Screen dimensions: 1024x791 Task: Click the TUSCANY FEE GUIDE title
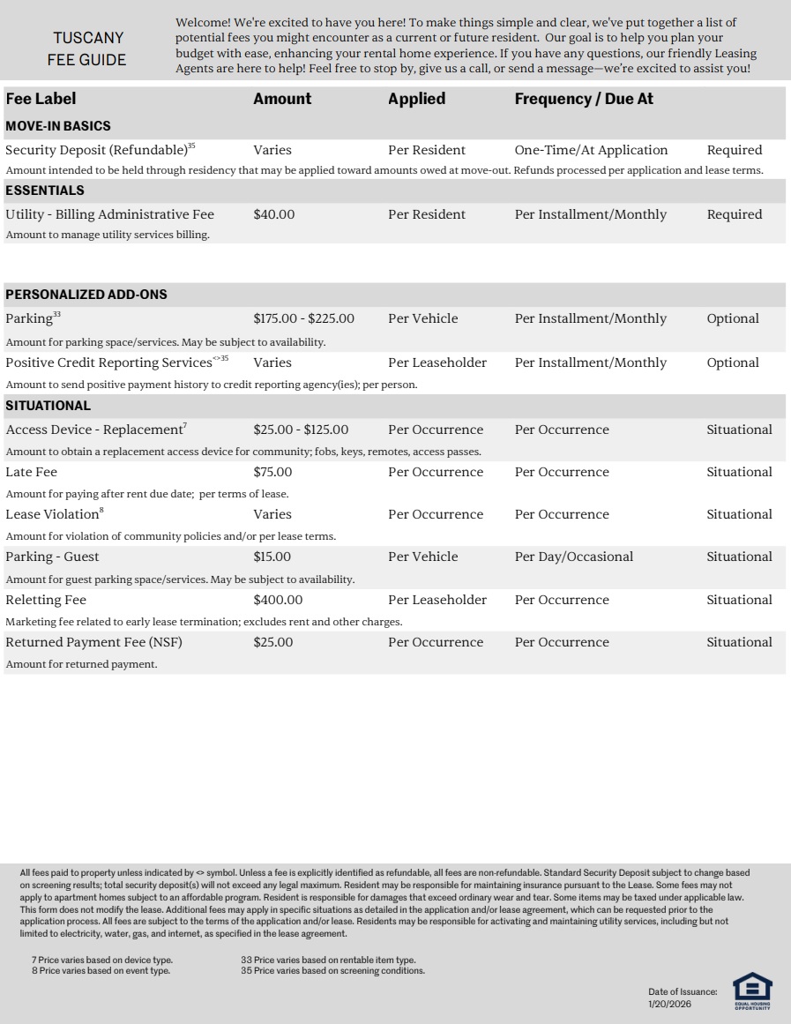click(88, 49)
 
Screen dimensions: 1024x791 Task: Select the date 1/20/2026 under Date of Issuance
click(669, 1004)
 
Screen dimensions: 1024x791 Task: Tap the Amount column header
click(282, 99)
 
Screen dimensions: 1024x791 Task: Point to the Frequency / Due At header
click(584, 99)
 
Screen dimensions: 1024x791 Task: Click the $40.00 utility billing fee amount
click(274, 214)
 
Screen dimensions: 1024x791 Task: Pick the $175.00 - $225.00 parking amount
click(303, 318)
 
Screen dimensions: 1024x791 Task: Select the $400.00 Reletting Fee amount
click(278, 600)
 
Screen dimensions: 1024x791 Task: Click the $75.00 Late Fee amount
click(272, 472)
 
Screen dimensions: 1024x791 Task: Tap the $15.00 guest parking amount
click(272, 557)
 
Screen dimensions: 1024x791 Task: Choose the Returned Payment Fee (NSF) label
click(93, 642)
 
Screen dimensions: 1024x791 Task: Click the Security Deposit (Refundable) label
click(97, 150)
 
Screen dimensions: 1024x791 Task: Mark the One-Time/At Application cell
click(591, 150)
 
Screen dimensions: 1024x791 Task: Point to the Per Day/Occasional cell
click(574, 557)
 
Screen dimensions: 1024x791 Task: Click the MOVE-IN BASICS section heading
click(58, 126)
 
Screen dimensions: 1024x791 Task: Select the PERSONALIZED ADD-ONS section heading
click(86, 295)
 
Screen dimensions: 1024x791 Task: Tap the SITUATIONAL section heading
click(49, 406)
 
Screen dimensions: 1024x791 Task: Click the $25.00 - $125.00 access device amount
click(301, 430)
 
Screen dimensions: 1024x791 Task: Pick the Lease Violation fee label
click(52, 514)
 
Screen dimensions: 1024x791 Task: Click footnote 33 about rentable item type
click(328, 960)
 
